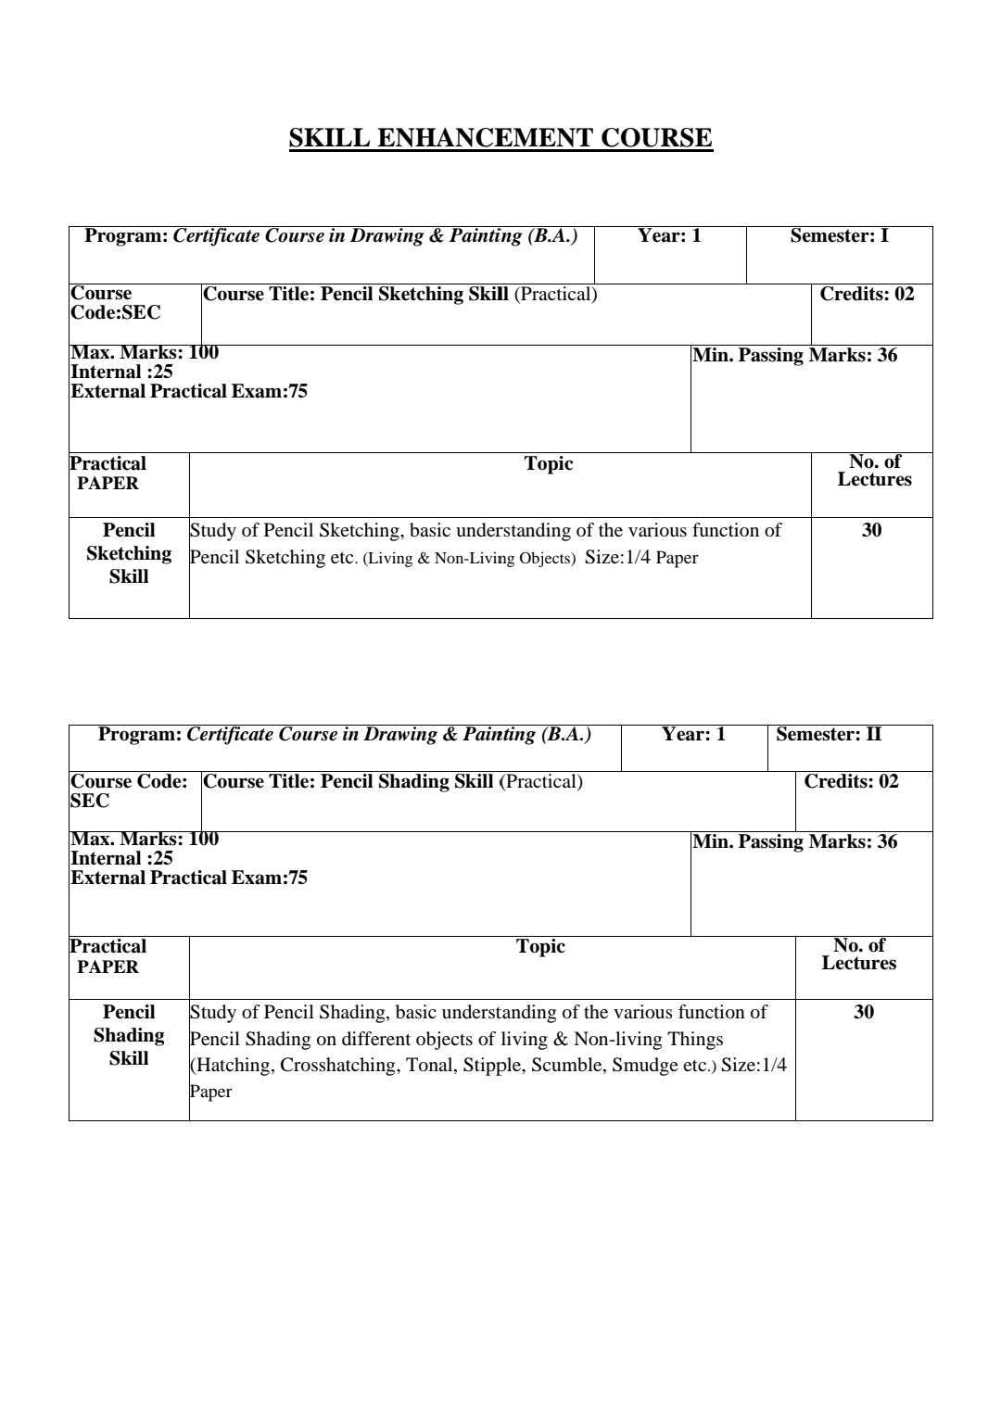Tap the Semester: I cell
pos(839,236)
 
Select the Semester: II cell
pos(829,735)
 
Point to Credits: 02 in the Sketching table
pos(867,295)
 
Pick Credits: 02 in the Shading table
pos(851,782)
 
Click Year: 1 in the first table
pos(669,236)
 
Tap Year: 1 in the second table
pos(693,735)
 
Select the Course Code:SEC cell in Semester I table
pos(116,303)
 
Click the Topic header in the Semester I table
pos(549,464)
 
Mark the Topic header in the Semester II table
pos(540,947)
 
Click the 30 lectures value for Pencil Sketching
pos(871,531)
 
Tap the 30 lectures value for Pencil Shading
pos(863,1013)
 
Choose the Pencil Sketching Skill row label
pos(129,553)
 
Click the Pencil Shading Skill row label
pos(129,1035)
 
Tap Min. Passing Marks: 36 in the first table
pos(794,356)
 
